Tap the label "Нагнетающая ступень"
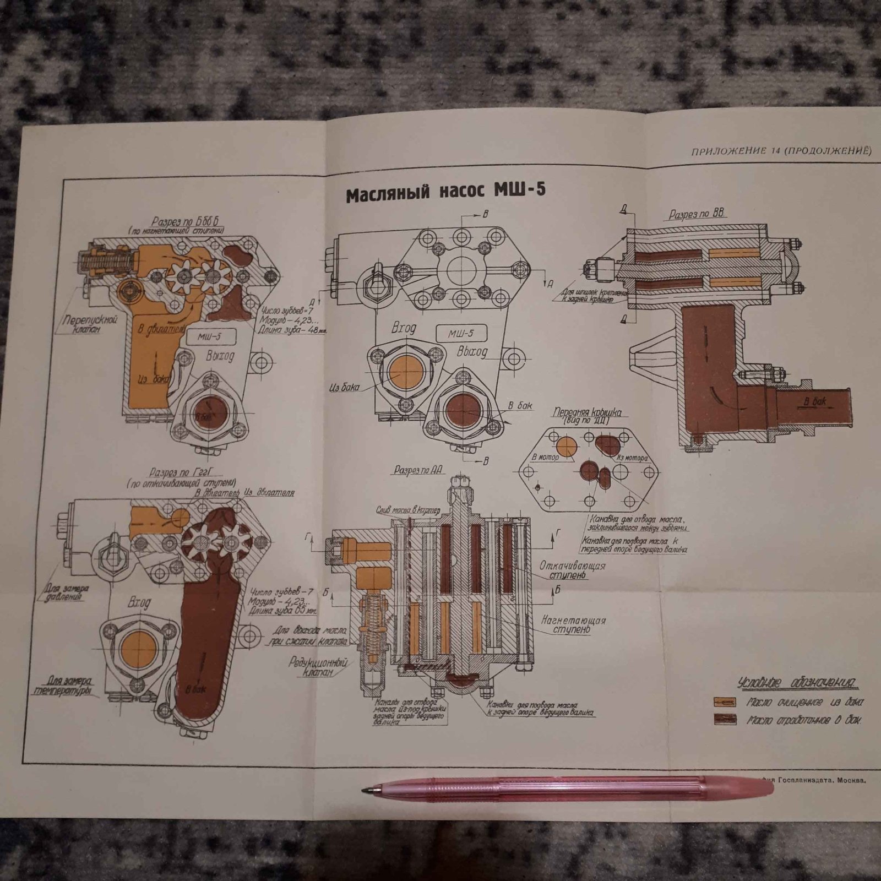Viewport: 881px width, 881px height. coord(573,624)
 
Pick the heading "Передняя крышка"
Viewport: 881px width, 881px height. coord(588,415)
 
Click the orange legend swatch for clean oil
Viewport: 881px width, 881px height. coord(725,702)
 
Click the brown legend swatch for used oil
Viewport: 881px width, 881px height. coord(725,719)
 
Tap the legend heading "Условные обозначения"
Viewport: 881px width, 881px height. coord(798,683)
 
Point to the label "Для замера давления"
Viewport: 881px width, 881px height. coord(66,593)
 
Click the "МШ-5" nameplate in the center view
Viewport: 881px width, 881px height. coord(460,333)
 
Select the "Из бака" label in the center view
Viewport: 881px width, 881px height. coord(344,387)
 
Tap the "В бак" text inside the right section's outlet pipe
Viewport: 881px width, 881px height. coord(814,401)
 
